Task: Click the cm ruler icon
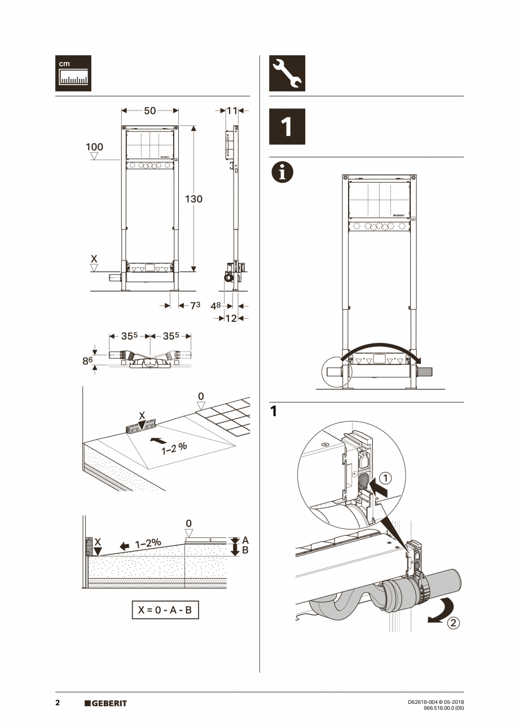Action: (73, 73)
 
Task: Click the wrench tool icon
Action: (287, 73)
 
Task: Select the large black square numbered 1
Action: (287, 127)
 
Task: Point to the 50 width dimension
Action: (149, 111)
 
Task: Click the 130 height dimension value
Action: (193, 199)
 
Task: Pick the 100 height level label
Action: (94, 147)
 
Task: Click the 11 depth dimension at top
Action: (232, 111)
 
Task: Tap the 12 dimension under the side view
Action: (231, 318)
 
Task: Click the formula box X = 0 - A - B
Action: (165, 610)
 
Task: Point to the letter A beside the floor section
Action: (245, 540)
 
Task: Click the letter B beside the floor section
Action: (245, 550)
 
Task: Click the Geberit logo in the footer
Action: (105, 703)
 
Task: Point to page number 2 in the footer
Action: (58, 703)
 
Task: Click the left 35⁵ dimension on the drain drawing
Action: (129, 336)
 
